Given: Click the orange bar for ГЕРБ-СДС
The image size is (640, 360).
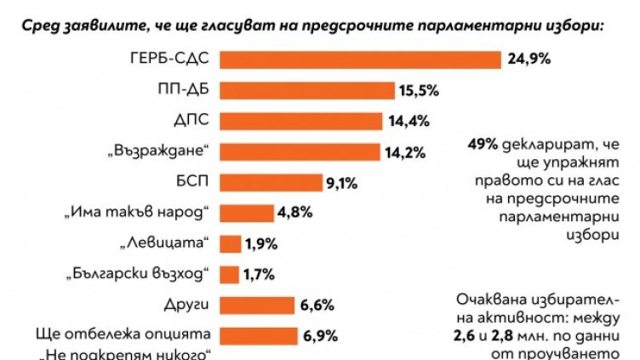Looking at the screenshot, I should click(360, 59).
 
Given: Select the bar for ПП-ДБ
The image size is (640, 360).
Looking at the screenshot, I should click(308, 90).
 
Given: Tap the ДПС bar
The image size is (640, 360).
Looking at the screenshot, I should click(303, 121).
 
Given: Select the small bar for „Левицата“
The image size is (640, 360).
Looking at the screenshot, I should click(230, 243).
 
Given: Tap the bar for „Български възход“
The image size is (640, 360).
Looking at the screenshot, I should click(229, 274).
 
